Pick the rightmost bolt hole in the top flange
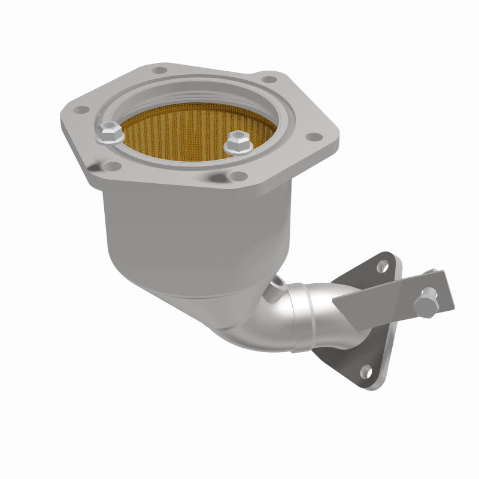(x=312, y=137)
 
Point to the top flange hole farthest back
(x=159, y=70)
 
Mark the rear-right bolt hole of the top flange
(x=269, y=79)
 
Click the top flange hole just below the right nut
(x=238, y=176)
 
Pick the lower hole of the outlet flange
(x=365, y=372)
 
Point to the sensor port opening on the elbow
(x=277, y=284)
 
